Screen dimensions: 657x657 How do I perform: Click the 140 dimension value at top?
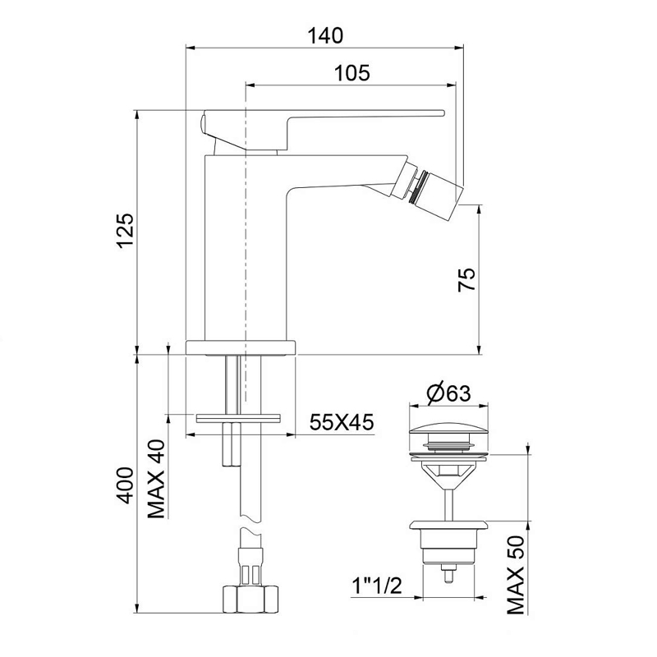pos(325,35)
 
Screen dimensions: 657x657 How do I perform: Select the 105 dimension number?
pos(352,73)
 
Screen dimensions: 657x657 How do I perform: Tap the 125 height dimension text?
pos(126,232)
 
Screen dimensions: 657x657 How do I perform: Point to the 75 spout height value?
pos(466,279)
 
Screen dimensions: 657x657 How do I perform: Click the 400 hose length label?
pos(126,485)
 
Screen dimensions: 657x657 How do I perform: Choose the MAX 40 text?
pos(157,479)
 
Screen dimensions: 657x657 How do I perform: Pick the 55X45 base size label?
pos(342,422)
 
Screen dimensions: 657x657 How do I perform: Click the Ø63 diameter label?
pos(448,393)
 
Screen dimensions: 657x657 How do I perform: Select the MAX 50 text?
pos(516,575)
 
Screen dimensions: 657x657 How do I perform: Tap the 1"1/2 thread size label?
pos(376,586)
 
